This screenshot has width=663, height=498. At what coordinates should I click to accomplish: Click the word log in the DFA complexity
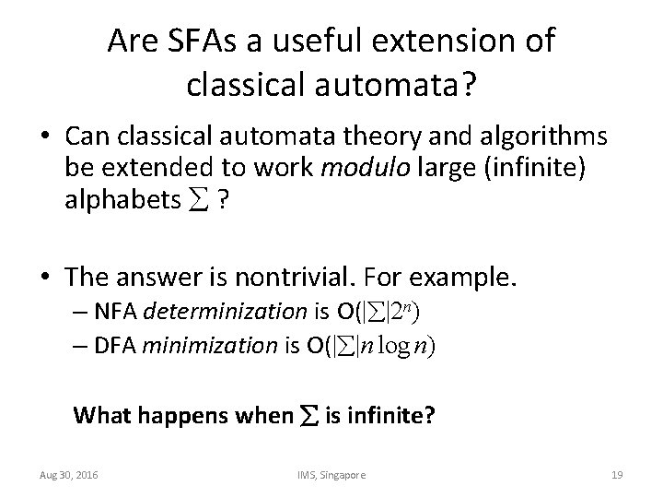405,347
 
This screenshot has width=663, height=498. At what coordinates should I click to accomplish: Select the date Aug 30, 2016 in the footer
70,474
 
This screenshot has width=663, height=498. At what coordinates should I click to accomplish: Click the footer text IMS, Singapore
331,474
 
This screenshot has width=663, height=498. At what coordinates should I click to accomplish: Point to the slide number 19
617,474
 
